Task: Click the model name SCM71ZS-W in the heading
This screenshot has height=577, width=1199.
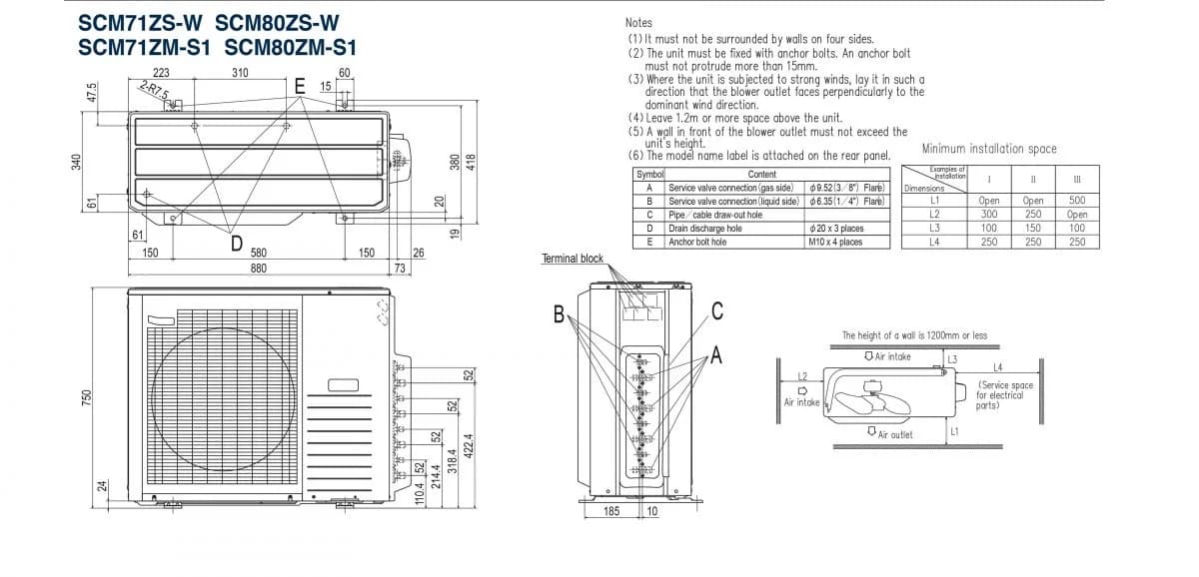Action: click(139, 23)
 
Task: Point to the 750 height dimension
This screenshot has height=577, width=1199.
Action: click(86, 396)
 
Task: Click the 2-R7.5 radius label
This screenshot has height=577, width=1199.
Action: click(155, 92)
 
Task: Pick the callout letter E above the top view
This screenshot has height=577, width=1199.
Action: click(299, 87)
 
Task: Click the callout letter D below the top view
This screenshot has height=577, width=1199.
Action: click(237, 243)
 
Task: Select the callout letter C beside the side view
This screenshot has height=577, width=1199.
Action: click(717, 309)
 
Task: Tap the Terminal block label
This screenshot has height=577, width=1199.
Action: click(573, 259)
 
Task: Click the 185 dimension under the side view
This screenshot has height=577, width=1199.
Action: click(611, 511)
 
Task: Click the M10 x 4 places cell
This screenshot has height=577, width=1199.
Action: click(834, 242)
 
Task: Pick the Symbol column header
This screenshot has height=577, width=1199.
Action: click(649, 174)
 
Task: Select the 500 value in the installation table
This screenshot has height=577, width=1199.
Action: click(1077, 200)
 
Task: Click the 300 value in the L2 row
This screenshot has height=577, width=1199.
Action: click(989, 214)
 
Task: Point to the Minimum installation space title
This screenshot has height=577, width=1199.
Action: click(988, 149)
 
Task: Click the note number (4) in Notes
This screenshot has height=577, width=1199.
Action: click(636, 118)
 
